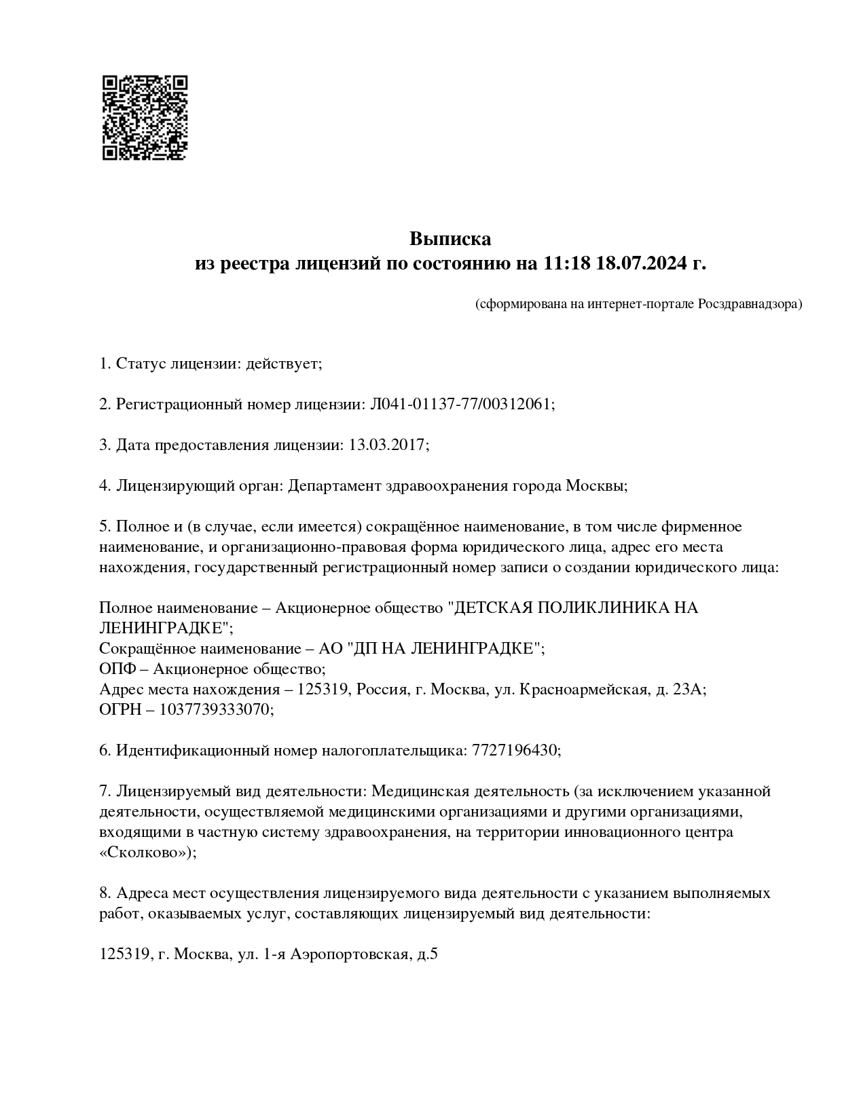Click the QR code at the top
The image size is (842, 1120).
[145, 117]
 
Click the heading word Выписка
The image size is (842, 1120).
[450, 239]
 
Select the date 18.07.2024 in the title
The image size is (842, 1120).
[641, 263]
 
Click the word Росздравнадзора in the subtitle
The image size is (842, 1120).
[750, 304]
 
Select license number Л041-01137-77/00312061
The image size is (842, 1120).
[461, 405]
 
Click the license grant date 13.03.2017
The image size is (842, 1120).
[386, 445]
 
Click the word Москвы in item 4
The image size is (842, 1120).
[596, 486]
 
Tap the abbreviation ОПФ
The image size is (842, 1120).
[117, 669]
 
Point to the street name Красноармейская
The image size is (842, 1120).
[581, 690]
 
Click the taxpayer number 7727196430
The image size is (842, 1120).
[515, 751]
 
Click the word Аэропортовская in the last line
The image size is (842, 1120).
[350, 954]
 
